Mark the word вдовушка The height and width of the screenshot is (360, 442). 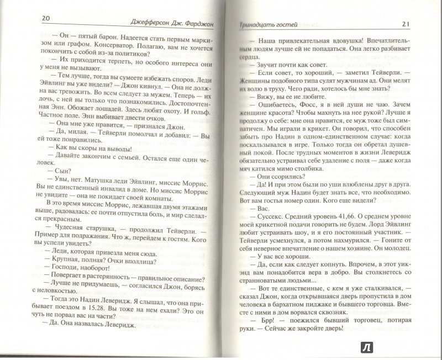[360, 40]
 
